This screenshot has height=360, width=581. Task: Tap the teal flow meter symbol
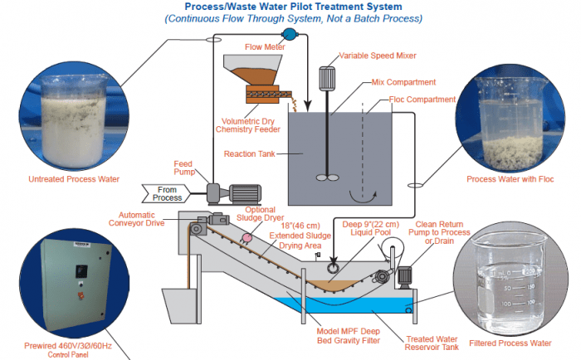289,34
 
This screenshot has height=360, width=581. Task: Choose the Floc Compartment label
422,100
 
